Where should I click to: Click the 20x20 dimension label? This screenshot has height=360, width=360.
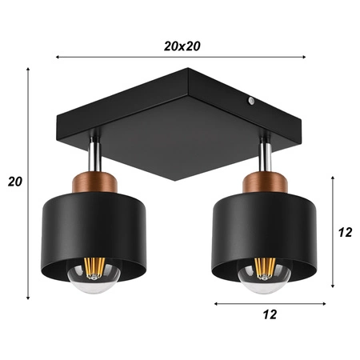(181, 46)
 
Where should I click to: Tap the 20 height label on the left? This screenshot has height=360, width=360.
(14, 181)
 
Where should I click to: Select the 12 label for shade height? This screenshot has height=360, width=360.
(346, 233)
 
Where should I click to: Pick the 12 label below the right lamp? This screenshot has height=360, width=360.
(270, 314)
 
